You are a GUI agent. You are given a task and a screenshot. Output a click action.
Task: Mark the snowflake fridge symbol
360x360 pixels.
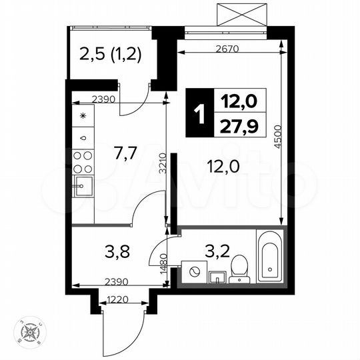pyautogui.click(x=83, y=116)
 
